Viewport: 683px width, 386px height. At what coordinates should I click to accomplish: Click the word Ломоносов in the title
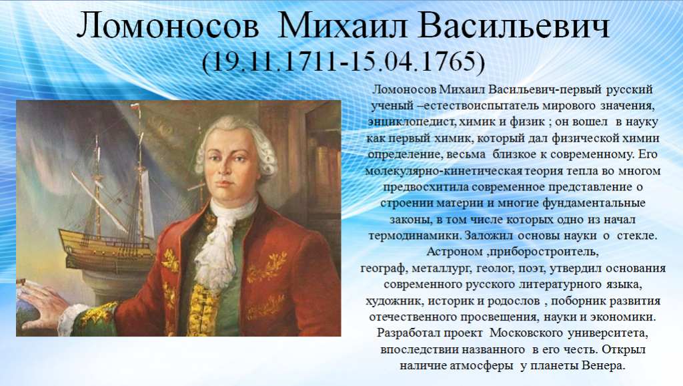[167, 26]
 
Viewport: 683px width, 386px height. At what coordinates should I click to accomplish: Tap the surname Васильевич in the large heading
[514, 26]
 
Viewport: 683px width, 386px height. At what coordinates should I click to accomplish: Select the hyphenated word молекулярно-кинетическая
[443, 171]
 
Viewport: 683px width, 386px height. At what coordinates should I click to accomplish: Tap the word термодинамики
[415, 236]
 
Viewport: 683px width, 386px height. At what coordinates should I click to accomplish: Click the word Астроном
[454, 252]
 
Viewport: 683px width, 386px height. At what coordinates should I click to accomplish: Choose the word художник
[394, 301]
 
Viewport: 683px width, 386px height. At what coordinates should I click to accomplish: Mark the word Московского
[526, 333]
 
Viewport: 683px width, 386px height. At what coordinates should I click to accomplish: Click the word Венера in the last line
[603, 365]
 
